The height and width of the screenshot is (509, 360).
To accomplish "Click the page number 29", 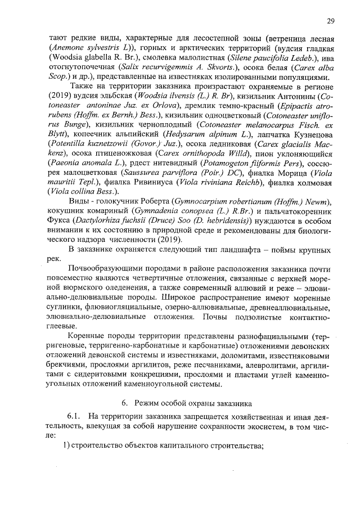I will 330,21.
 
